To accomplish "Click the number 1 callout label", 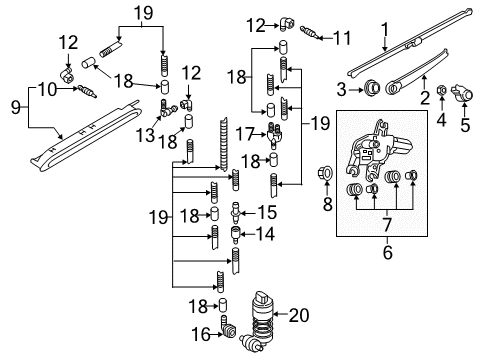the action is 385,30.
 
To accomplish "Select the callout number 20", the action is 299,315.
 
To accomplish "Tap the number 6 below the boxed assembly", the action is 387,253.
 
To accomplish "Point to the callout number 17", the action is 245,134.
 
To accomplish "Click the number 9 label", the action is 16,107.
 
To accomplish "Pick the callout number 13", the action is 145,135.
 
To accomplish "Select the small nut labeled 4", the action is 441,90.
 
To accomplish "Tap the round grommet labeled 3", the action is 373,88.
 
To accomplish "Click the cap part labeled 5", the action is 462,93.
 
